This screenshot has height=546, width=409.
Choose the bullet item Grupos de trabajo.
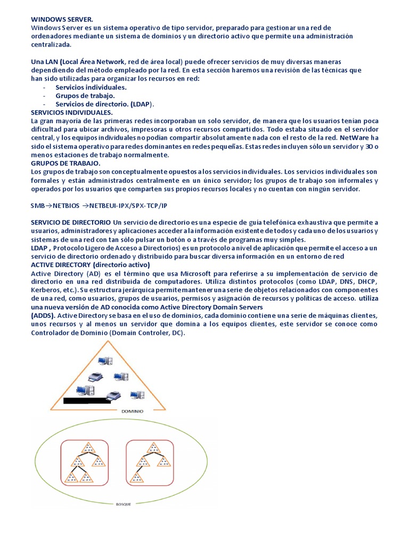[85, 95]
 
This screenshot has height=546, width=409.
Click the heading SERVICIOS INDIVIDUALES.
[72, 113]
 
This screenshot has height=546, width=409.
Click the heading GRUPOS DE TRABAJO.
[65, 163]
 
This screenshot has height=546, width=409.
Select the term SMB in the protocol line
[38, 205]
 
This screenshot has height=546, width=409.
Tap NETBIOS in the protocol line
[66, 205]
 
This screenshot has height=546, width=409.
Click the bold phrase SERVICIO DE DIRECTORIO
[71, 222]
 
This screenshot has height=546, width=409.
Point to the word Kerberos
[47, 290]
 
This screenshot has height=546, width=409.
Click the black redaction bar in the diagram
[87, 400]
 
